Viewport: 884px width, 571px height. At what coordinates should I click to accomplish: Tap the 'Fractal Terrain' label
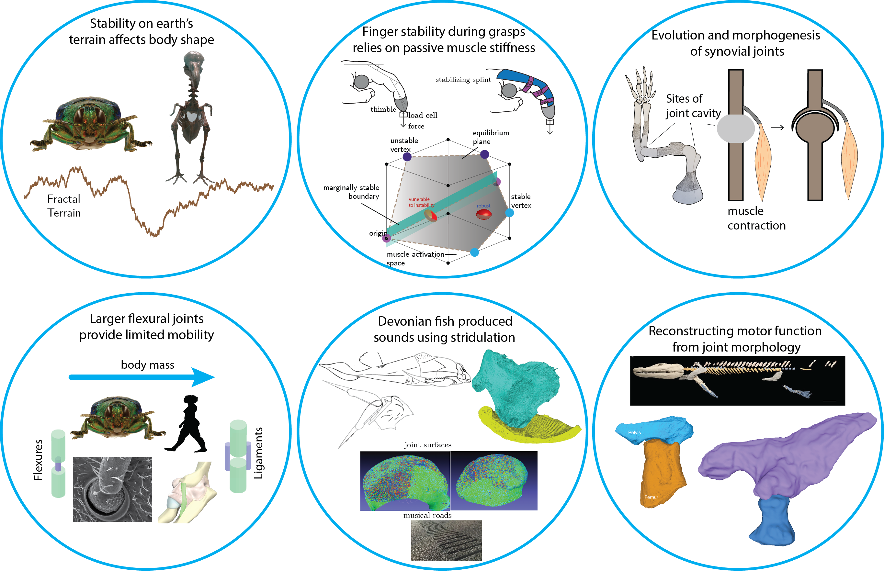[x=64, y=206]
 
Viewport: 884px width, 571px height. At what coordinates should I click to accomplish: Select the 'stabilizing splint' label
[x=463, y=79]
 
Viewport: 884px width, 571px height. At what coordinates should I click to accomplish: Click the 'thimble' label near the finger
[x=383, y=109]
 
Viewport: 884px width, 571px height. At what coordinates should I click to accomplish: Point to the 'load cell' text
[x=423, y=115]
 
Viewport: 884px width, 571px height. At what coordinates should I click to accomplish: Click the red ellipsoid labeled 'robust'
[x=483, y=214]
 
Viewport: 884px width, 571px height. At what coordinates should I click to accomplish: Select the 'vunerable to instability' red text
[x=421, y=202]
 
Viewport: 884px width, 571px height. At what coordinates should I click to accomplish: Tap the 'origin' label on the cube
[x=378, y=233]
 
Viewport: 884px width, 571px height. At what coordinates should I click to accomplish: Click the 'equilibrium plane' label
[x=490, y=137]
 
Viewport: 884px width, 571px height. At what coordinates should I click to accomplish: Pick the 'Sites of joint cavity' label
[x=693, y=106]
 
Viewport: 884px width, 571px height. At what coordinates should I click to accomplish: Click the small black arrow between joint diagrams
[x=777, y=128]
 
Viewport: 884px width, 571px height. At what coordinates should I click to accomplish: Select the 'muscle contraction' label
[x=756, y=218]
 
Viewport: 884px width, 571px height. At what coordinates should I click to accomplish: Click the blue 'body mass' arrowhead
[x=203, y=377]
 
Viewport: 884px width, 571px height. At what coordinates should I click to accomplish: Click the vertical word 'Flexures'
[x=38, y=460]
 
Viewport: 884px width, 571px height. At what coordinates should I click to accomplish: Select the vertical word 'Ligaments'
[x=258, y=453]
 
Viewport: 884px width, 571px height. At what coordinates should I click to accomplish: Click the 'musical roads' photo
[x=446, y=540]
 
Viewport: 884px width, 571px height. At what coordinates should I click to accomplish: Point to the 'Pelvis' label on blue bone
[x=634, y=432]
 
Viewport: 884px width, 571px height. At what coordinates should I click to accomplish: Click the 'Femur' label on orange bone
[x=651, y=497]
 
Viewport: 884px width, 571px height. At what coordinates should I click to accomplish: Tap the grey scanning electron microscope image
[x=112, y=489]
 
